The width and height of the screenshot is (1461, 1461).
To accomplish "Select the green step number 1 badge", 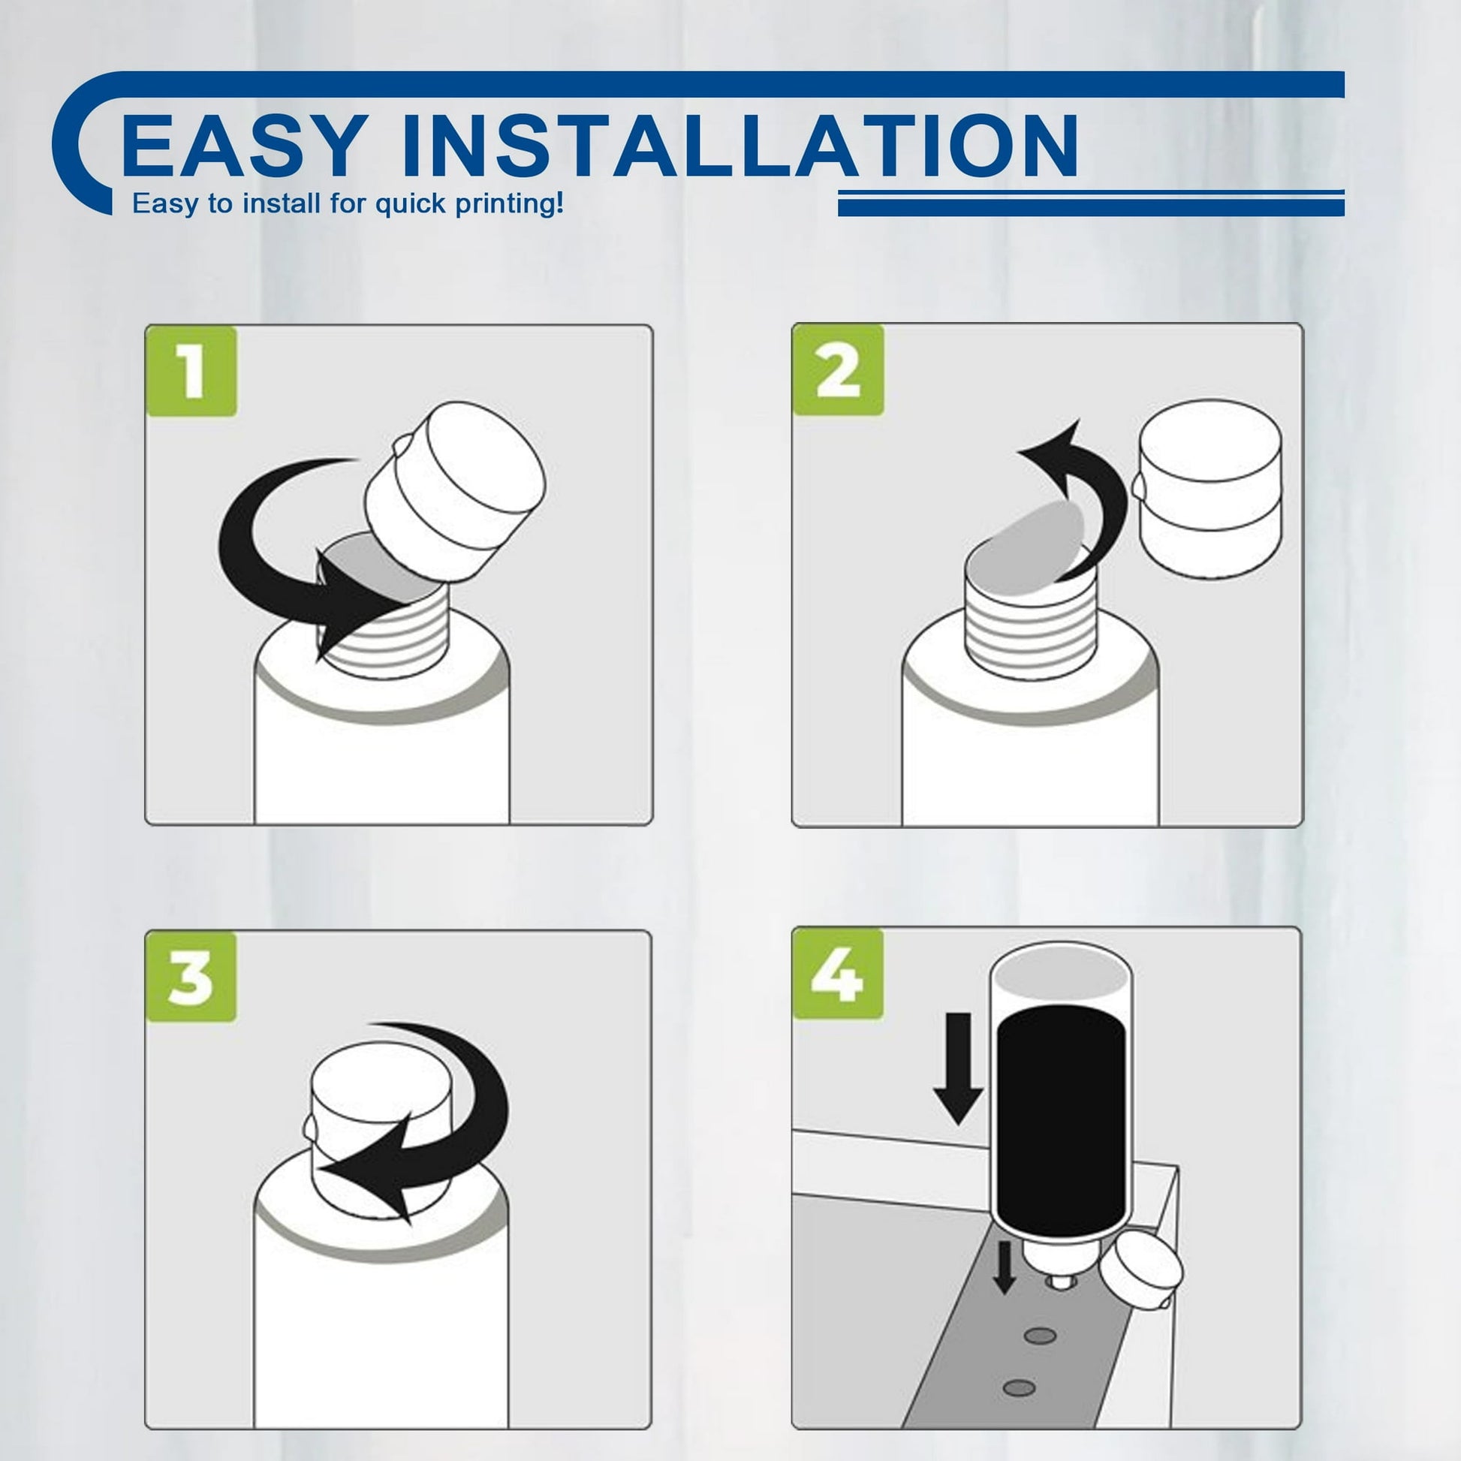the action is pos(191,371).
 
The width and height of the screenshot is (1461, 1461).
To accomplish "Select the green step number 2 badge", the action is pos(838,370).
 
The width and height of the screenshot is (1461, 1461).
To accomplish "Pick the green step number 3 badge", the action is pos(191,976).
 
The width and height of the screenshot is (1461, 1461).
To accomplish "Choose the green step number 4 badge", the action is pos(838,974).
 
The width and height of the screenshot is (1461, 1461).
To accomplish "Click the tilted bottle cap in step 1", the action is pos(453,491).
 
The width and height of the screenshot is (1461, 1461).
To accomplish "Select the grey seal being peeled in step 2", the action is pos(1027,549).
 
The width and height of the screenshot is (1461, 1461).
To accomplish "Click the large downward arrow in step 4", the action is pos(958,1068).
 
